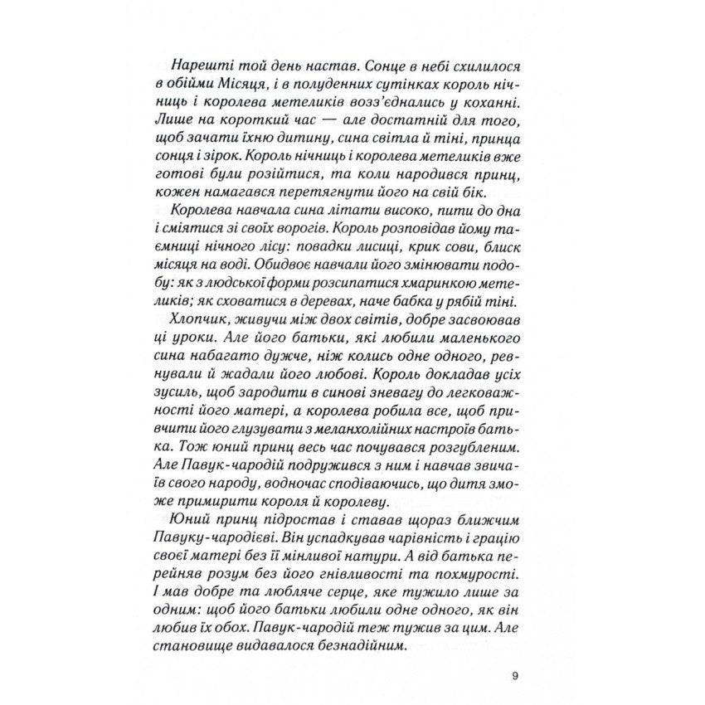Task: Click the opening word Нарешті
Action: [197, 66]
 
